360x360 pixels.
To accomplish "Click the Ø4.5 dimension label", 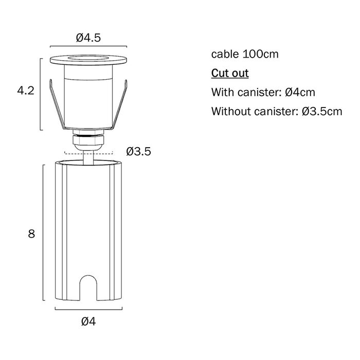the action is [x=88, y=38].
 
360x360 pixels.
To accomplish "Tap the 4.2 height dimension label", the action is [x=26, y=91].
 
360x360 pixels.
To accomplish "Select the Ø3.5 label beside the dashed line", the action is [x=138, y=152].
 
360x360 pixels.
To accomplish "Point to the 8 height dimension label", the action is [x=31, y=233].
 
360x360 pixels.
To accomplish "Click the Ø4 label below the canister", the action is [x=88, y=321].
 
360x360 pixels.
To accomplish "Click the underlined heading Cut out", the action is [x=230, y=73].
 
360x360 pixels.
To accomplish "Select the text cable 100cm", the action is [x=245, y=54].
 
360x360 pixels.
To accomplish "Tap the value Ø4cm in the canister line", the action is [x=300, y=92].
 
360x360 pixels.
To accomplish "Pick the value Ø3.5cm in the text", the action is [x=322, y=112].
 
